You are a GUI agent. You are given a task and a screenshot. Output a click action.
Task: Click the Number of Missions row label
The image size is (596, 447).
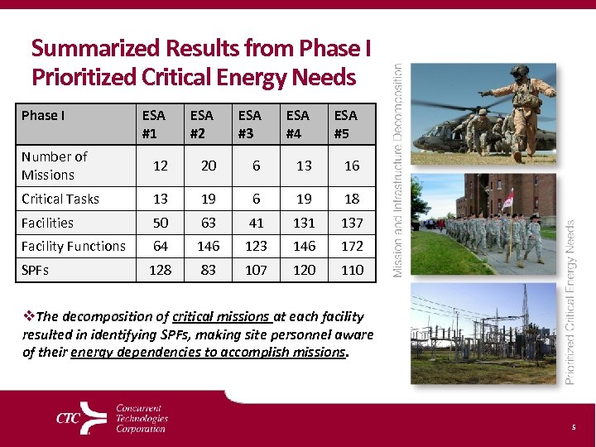tap(55, 166)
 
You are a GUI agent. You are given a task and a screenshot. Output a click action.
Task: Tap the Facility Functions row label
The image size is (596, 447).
tap(74, 246)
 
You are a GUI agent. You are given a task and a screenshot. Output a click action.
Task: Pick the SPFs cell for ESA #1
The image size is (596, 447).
tap(161, 270)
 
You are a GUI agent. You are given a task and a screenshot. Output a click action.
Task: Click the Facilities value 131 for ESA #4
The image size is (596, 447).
tap(305, 223)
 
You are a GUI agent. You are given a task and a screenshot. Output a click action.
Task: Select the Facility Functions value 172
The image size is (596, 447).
tap(352, 246)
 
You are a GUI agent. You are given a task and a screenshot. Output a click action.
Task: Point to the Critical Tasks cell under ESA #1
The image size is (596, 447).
tap(161, 199)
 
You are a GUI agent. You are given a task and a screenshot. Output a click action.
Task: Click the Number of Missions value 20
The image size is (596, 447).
tap(209, 166)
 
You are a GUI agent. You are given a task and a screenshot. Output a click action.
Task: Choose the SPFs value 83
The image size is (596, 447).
tap(209, 270)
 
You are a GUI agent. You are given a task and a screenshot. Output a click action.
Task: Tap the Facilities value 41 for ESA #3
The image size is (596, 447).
tap(257, 223)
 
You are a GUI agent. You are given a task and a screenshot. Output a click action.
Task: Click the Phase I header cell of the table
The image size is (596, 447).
tap(43, 115)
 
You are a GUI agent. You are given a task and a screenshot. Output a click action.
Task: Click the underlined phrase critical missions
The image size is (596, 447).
tap(221, 317)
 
